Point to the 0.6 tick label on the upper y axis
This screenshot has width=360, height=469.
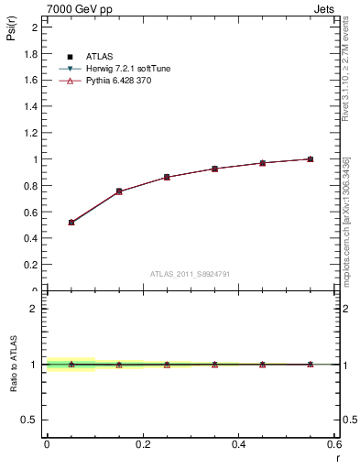click(31, 212)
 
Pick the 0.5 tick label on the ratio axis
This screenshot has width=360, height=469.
click(31, 420)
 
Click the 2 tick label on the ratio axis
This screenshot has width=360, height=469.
click(34, 309)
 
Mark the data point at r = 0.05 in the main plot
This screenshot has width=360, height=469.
click(71, 223)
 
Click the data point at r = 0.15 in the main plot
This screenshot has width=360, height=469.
click(119, 191)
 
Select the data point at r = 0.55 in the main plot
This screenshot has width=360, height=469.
click(310, 159)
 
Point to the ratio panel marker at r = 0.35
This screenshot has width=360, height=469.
click(214, 365)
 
